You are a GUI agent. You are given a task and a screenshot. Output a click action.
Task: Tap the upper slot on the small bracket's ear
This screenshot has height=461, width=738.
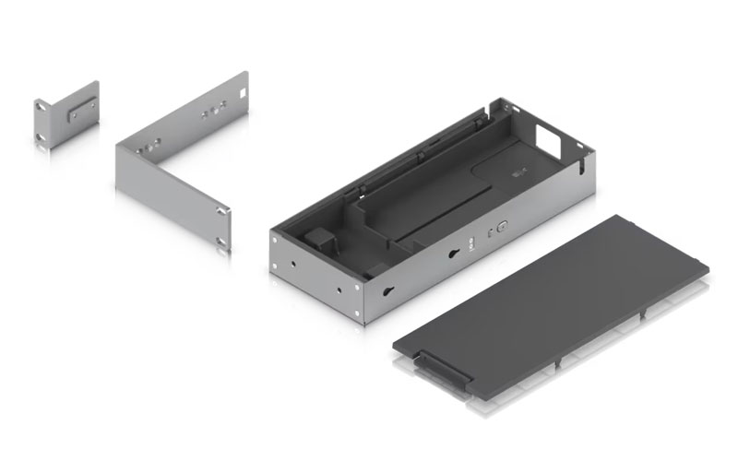[x=40, y=108]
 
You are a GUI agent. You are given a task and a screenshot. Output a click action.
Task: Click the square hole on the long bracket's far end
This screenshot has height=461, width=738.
[x=238, y=93]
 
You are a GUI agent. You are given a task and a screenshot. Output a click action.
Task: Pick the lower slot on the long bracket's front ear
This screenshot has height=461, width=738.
[x=220, y=242]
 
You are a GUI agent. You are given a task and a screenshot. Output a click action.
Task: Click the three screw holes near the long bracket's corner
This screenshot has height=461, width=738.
[x=149, y=145]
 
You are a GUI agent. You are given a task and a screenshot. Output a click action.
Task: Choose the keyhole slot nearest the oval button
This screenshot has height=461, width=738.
[x=454, y=256]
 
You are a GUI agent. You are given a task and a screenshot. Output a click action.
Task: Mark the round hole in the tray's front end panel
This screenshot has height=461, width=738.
[x=294, y=260]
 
